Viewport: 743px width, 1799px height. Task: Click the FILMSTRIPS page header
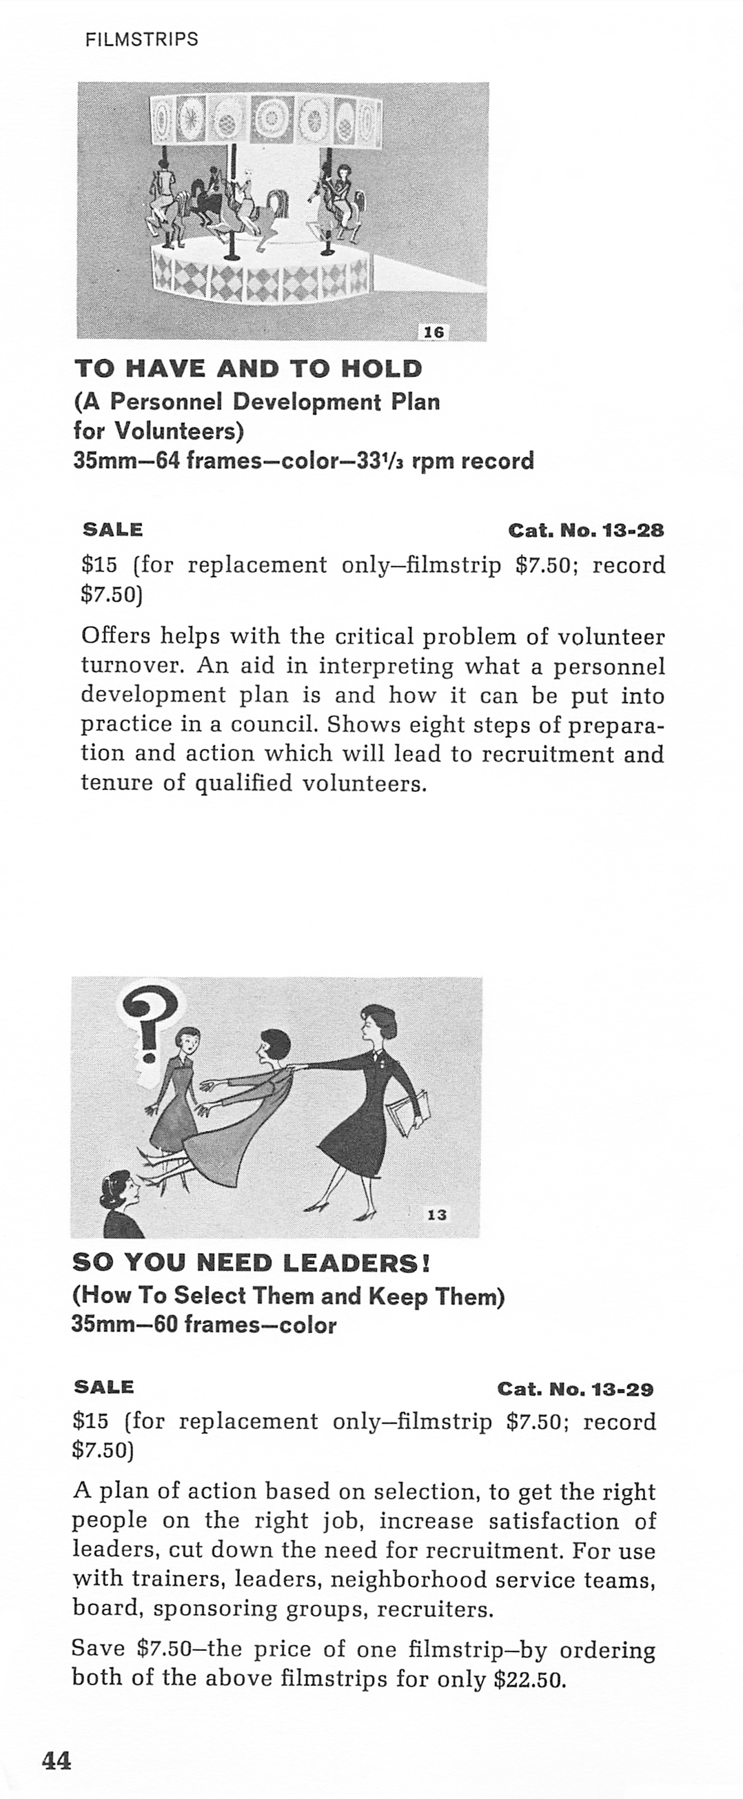click(x=142, y=40)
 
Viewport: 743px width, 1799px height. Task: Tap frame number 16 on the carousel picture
click(x=434, y=332)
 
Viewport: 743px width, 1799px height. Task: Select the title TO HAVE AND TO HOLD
click(x=248, y=369)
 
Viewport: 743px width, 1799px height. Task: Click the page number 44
click(x=57, y=1760)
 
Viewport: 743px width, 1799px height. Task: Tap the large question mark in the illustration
click(x=150, y=1019)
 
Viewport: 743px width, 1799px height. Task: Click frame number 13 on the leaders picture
click(x=436, y=1214)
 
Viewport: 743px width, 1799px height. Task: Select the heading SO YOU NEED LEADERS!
click(x=252, y=1262)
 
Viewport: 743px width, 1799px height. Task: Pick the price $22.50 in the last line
click(x=529, y=1680)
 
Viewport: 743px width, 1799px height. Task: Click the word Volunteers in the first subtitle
click(x=178, y=431)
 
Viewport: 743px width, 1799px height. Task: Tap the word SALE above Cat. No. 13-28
click(x=112, y=529)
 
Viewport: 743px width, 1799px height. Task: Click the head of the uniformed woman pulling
click(x=378, y=1023)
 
